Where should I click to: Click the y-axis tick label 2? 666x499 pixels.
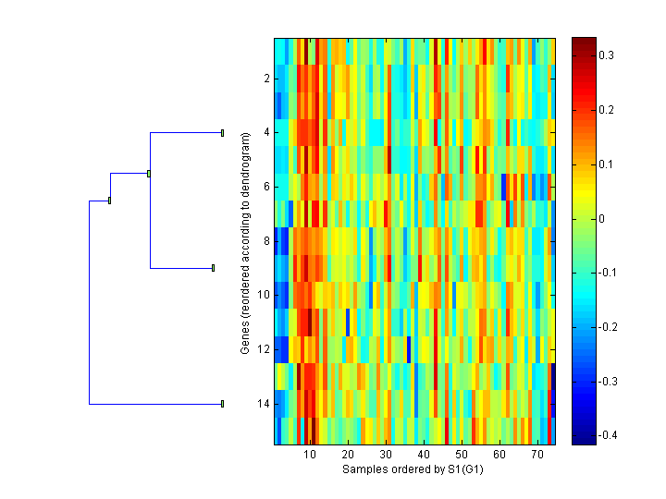point(266,79)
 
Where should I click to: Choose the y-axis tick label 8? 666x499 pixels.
point(266,241)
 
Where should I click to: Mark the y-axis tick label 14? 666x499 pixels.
point(264,404)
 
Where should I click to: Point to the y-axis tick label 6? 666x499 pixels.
point(266,187)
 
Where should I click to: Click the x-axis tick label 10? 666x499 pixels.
point(310,456)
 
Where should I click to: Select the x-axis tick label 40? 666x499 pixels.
point(424,456)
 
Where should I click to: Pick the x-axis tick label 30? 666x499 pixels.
point(386,456)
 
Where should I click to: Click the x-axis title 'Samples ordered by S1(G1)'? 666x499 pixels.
point(413,469)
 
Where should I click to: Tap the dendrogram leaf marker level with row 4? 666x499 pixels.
point(223,133)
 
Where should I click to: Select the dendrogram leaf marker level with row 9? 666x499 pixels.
point(214,268)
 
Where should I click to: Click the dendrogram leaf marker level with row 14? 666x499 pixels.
point(223,404)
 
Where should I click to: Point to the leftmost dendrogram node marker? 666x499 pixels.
point(109,200)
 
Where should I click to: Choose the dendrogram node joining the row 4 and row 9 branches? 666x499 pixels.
point(149,173)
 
